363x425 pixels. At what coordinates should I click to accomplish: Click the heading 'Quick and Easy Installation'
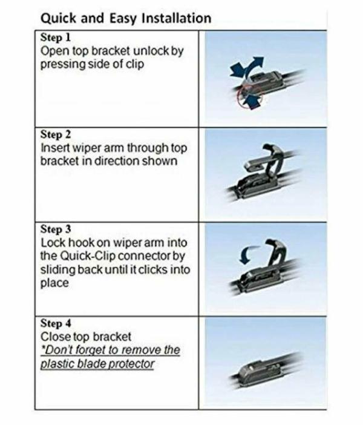[x=125, y=18]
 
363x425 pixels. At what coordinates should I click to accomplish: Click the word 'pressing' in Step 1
[x=61, y=65]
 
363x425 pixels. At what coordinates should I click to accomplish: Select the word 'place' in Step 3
[x=54, y=283]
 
